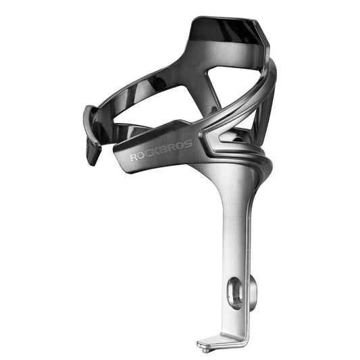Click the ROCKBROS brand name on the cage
[161, 150]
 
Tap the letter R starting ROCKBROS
[134, 157]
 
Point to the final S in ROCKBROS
[188, 143]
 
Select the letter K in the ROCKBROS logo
[158, 151]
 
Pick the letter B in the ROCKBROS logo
[166, 149]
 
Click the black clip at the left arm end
[93, 135]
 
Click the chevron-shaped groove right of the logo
[215, 145]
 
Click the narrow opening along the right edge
[265, 115]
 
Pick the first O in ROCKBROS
[142, 155]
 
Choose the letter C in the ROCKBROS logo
[150, 153]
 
